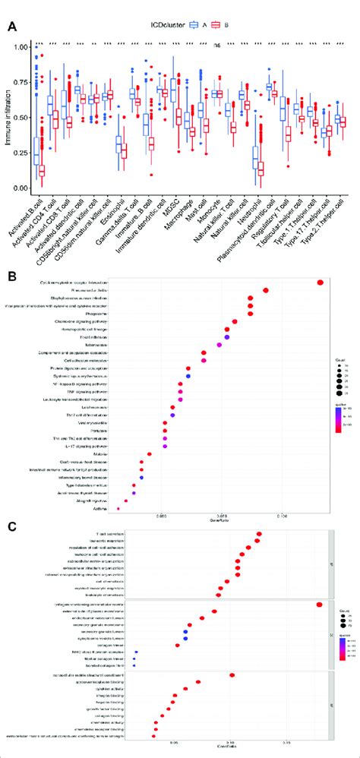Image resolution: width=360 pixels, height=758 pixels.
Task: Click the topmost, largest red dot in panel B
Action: (x=320, y=283)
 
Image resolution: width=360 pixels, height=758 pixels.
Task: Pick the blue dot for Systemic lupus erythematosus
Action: (x=188, y=376)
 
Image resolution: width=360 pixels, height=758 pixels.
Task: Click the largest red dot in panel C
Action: (x=319, y=604)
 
